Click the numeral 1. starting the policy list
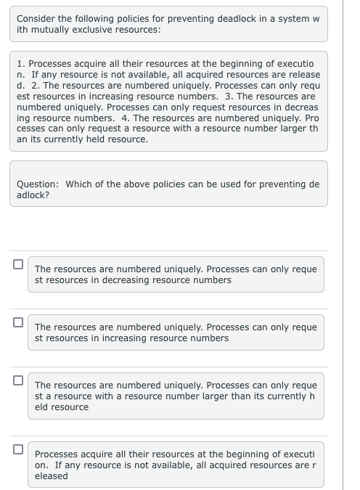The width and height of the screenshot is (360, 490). pyautogui.click(x=22, y=64)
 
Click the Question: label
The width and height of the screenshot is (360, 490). pyautogui.click(x=38, y=184)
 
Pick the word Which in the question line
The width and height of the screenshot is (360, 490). pyautogui.click(x=79, y=184)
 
